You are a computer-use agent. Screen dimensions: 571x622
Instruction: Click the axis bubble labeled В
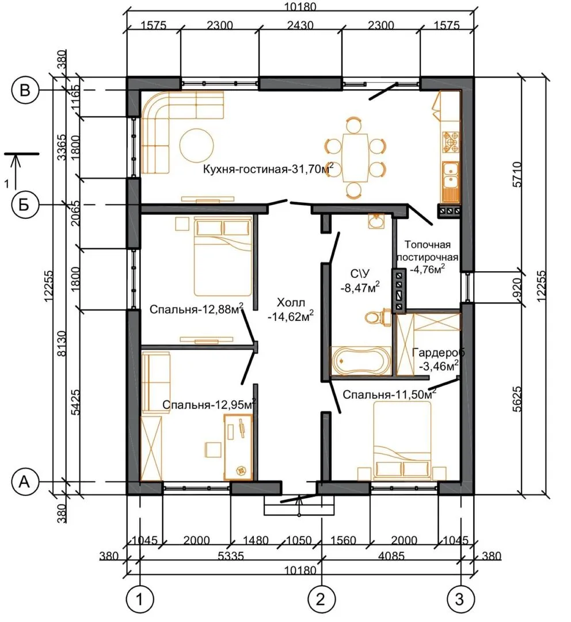(x=25, y=90)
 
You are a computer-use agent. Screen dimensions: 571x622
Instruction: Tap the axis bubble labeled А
(x=25, y=481)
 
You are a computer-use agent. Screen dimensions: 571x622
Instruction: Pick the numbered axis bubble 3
(x=460, y=598)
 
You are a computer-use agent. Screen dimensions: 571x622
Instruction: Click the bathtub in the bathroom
(x=361, y=361)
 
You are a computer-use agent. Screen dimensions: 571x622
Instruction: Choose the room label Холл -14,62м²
(x=291, y=309)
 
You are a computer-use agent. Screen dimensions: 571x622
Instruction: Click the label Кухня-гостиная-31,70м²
(x=268, y=169)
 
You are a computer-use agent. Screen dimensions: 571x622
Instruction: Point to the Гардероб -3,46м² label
(x=439, y=359)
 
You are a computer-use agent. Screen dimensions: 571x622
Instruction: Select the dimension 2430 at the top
(x=300, y=25)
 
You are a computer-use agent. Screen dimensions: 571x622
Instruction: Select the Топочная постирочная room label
(x=428, y=251)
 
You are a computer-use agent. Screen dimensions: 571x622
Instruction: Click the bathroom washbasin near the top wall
(x=376, y=221)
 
